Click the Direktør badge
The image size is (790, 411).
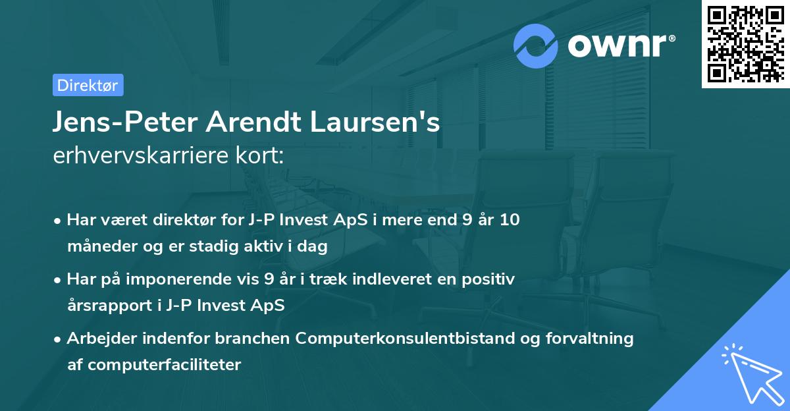tap(88, 85)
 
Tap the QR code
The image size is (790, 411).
tap(745, 43)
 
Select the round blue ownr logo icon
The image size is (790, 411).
tap(536, 46)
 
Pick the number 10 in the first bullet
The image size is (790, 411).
tap(509, 220)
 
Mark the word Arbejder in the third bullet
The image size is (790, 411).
tap(95, 339)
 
